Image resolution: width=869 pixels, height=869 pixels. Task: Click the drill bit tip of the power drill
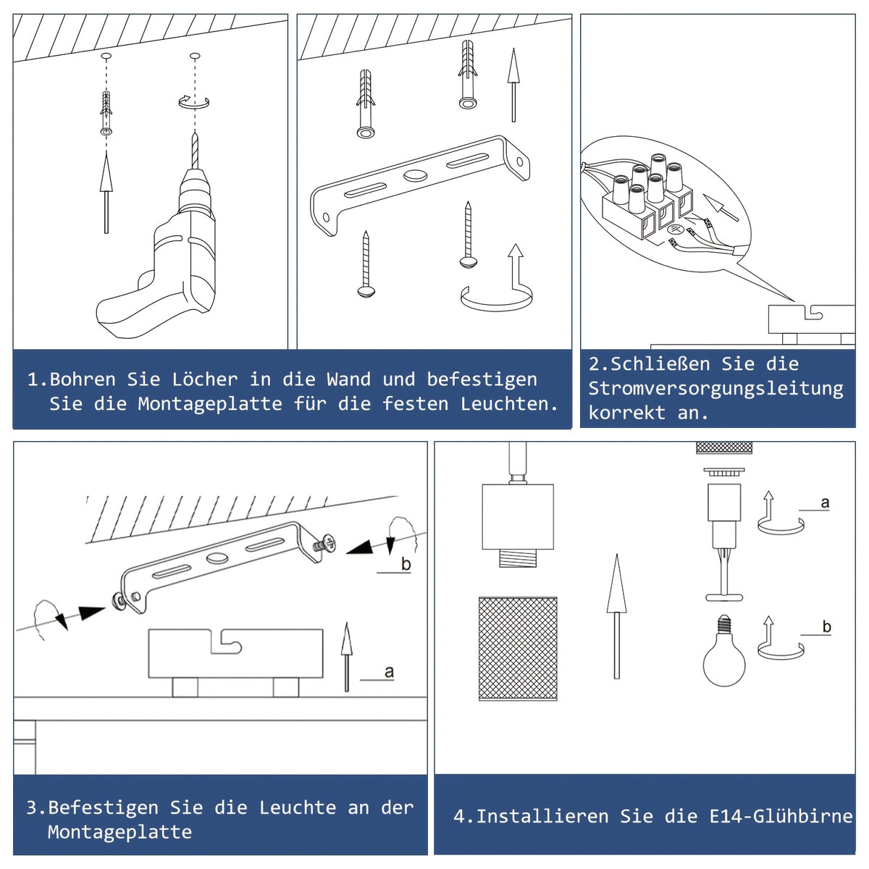[195, 133]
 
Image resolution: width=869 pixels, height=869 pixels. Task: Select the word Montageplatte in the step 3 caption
[119, 831]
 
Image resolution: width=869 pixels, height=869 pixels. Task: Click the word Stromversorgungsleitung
[715, 389]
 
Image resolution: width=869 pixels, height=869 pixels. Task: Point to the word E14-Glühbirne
[781, 816]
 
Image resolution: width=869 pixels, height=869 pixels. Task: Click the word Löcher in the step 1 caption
[205, 379]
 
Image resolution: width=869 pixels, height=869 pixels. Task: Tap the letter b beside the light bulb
[826, 626]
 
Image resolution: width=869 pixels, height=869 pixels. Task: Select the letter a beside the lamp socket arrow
[825, 503]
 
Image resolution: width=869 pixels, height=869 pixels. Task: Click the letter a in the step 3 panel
[389, 672]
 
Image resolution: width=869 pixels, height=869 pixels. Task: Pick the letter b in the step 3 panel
[406, 563]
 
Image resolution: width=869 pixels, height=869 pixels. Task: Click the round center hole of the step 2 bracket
[416, 175]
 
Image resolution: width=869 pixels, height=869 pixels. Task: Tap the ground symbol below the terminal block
[675, 229]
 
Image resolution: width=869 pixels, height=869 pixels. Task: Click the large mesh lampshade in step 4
[518, 648]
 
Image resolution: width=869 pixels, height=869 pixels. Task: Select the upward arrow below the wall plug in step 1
[106, 192]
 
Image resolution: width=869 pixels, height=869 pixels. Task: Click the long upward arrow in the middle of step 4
[616, 616]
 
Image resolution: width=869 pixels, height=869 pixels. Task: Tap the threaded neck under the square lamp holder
[518, 558]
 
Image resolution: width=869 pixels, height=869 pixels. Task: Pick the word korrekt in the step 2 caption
[626, 413]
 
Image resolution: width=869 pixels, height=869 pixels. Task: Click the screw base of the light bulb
[723, 621]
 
